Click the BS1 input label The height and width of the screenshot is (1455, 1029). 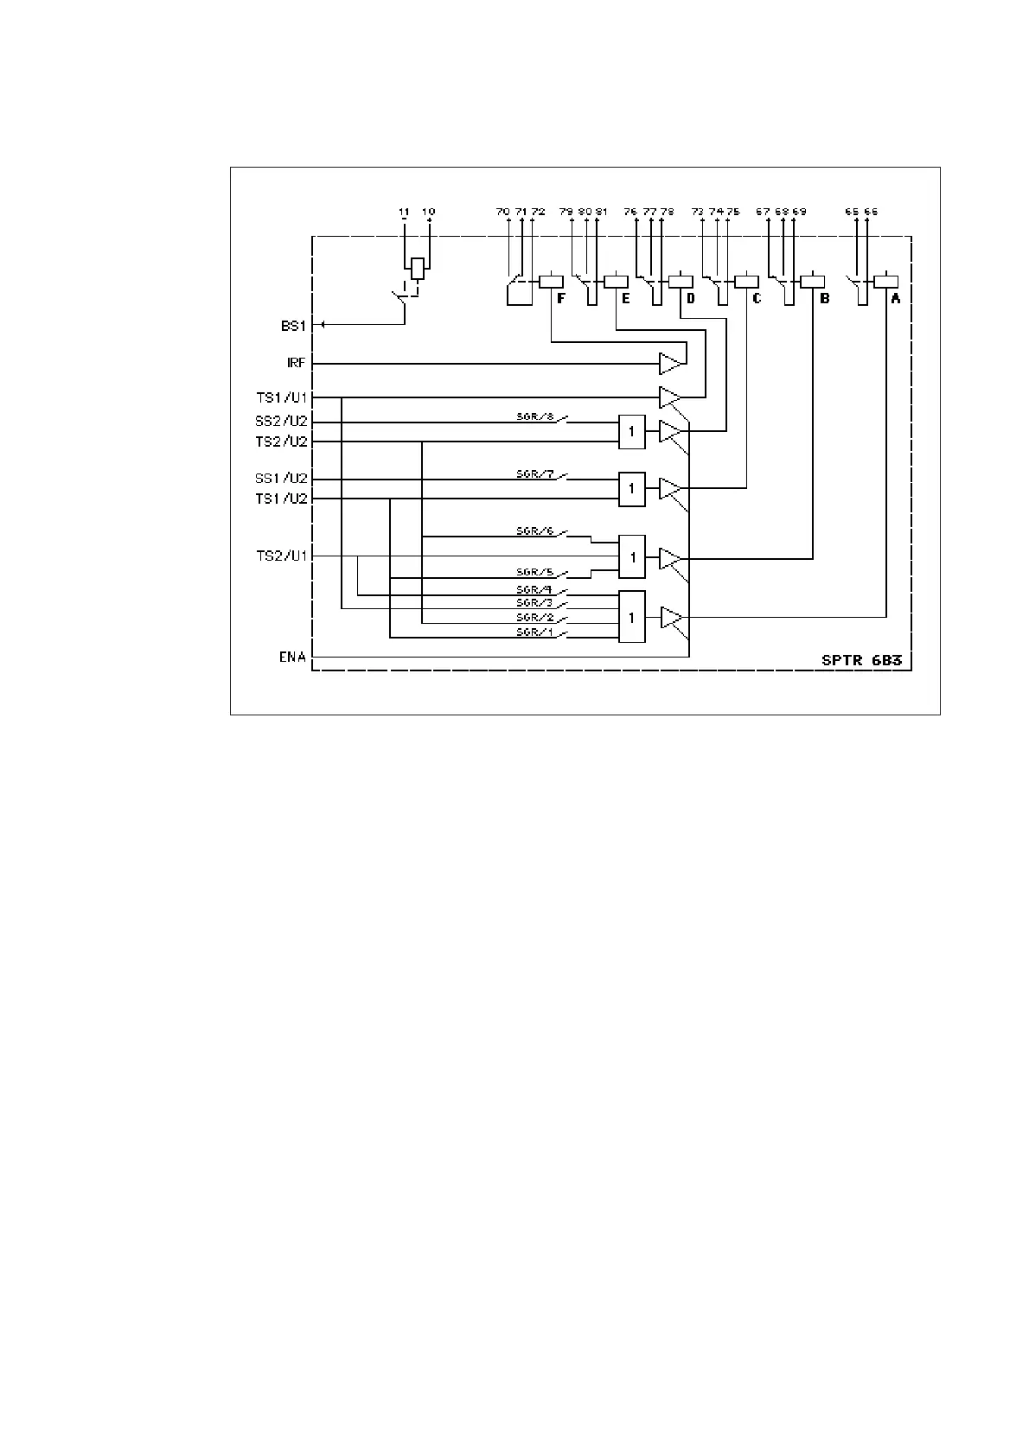tap(293, 326)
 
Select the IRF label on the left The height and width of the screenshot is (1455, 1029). tap(297, 364)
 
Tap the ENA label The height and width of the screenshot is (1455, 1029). tap(292, 658)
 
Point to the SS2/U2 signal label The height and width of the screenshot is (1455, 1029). tap(281, 422)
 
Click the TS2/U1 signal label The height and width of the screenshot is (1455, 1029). tap(281, 556)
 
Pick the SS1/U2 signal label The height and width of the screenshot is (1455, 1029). tap(281, 479)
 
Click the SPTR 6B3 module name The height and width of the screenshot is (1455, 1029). tap(861, 660)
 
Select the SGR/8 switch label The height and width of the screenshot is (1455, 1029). tap(534, 417)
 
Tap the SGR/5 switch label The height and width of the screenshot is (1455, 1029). tap(534, 572)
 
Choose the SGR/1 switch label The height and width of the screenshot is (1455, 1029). tap(534, 632)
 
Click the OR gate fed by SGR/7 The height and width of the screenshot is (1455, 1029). tap(632, 488)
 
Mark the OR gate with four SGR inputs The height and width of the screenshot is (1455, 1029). tap(632, 617)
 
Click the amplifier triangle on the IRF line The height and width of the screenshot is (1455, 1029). tap(670, 364)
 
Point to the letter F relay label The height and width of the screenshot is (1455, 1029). tap(561, 298)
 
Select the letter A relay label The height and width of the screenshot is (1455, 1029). tap(896, 298)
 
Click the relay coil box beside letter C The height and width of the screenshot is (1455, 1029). tap(746, 281)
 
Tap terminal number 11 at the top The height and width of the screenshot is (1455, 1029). tap(404, 212)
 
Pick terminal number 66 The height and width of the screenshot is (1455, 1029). tap(871, 212)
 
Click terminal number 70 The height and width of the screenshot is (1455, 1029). tap(502, 212)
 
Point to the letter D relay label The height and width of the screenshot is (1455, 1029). tap(690, 298)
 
